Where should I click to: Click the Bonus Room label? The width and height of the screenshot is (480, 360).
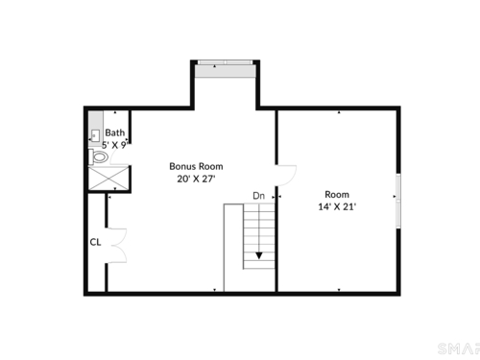coord(196,166)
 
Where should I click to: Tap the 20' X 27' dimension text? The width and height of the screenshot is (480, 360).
coord(196,179)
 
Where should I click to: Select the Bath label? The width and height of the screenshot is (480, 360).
coord(115,132)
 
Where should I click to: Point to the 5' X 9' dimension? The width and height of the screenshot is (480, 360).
coord(115,145)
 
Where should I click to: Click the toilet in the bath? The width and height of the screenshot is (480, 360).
coord(98,156)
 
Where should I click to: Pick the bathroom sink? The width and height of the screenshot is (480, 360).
coord(95,135)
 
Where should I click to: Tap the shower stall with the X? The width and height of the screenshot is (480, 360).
coord(108,178)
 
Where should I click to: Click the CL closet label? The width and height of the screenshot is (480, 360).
coord(95,242)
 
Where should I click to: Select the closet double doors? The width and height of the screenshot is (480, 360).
coord(118,246)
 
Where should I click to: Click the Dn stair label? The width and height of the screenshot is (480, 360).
coord(259,196)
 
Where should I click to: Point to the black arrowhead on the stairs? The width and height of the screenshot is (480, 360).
coord(259,255)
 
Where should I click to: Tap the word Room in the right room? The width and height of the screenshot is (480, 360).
coord(337,194)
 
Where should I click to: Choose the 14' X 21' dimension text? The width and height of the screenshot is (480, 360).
coord(337,206)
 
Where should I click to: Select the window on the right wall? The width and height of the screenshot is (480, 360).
coord(398,201)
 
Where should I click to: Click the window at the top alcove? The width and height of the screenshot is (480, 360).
coord(226,62)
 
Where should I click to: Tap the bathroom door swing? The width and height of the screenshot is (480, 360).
coord(119,156)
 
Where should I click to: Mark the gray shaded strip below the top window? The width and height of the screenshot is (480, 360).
coord(226,71)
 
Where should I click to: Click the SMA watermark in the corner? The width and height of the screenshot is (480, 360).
coord(459,348)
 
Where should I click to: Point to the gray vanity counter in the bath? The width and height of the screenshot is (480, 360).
coord(95,129)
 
